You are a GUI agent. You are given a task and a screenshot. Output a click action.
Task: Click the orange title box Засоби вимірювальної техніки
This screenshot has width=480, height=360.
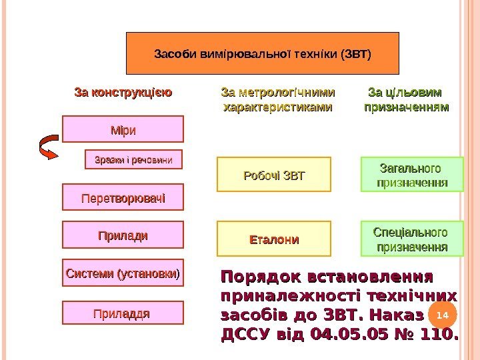(263, 53)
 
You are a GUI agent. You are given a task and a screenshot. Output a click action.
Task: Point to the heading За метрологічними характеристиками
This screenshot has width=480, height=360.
(278, 99)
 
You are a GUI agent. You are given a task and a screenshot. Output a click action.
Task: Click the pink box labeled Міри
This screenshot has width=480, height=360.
(123, 129)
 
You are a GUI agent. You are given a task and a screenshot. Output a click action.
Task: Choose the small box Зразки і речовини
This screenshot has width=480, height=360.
(134, 160)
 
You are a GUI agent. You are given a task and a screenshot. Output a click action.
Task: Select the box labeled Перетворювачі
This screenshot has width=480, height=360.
(123, 198)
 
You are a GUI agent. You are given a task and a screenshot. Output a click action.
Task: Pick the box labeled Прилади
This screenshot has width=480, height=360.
(123, 236)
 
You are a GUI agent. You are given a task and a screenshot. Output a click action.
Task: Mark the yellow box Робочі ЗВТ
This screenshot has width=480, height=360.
(274, 176)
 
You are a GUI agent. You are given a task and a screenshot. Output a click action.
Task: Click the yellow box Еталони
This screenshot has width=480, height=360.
(274, 239)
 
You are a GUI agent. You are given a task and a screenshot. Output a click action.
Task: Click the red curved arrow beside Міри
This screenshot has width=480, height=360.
(50, 147)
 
